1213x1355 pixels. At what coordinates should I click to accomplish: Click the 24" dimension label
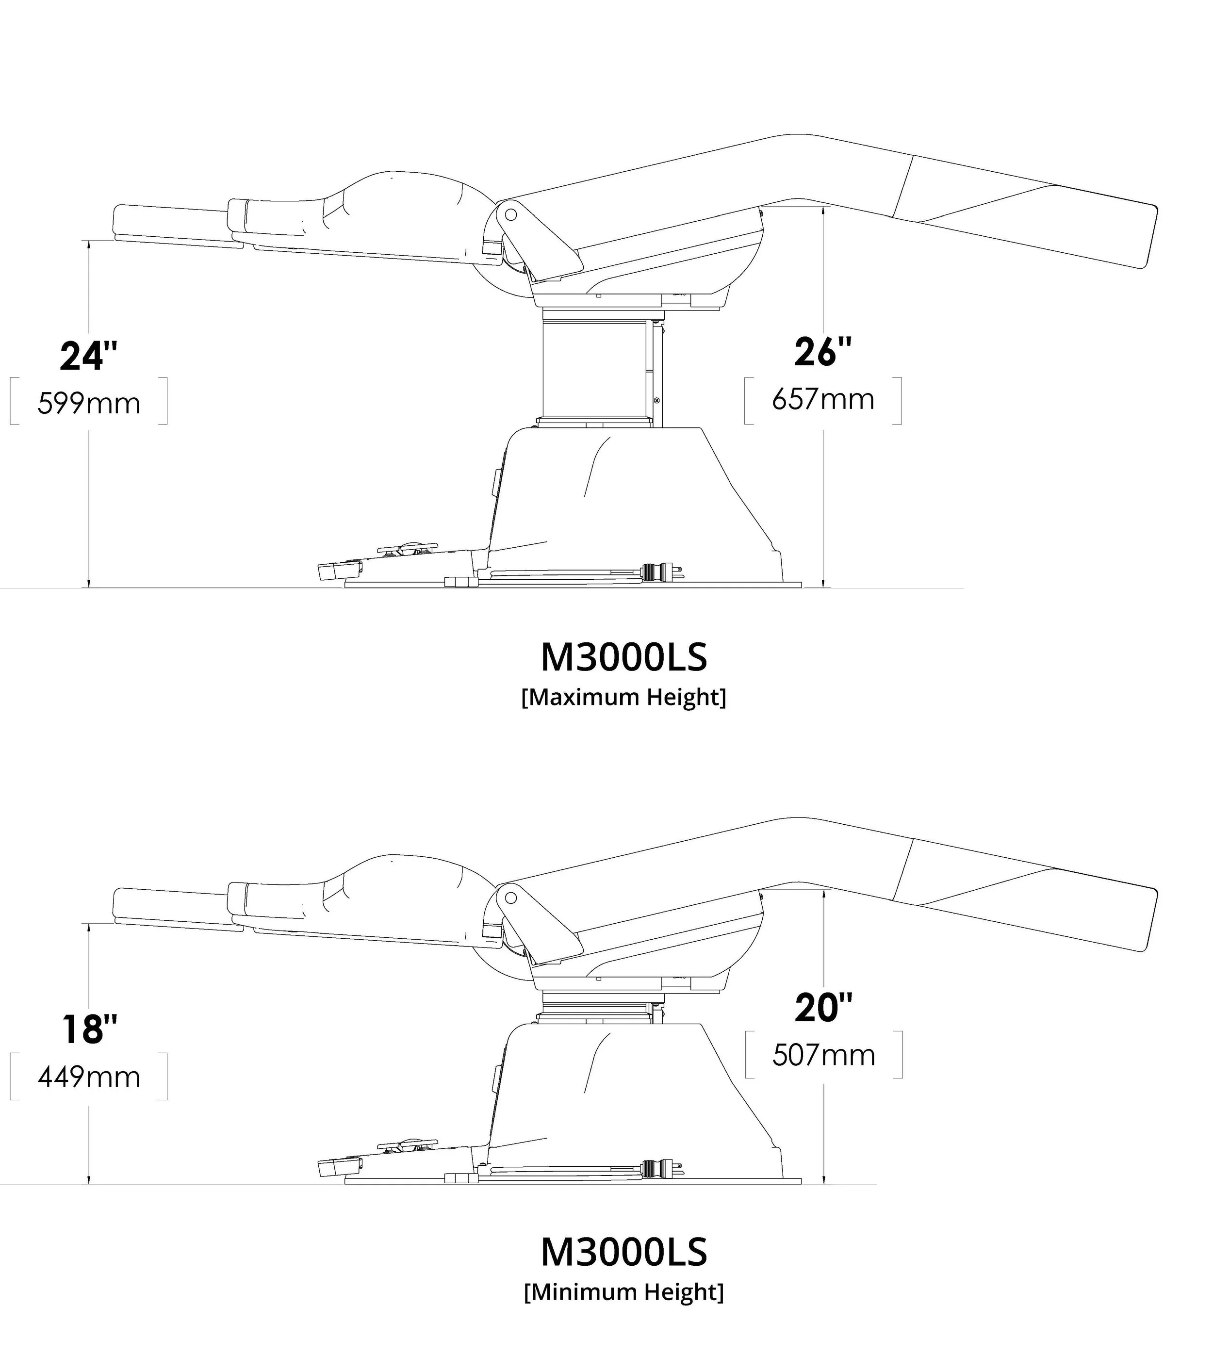[89, 357]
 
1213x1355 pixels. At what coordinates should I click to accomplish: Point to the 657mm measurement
[823, 399]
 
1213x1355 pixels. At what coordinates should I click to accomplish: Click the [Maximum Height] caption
[624, 697]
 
